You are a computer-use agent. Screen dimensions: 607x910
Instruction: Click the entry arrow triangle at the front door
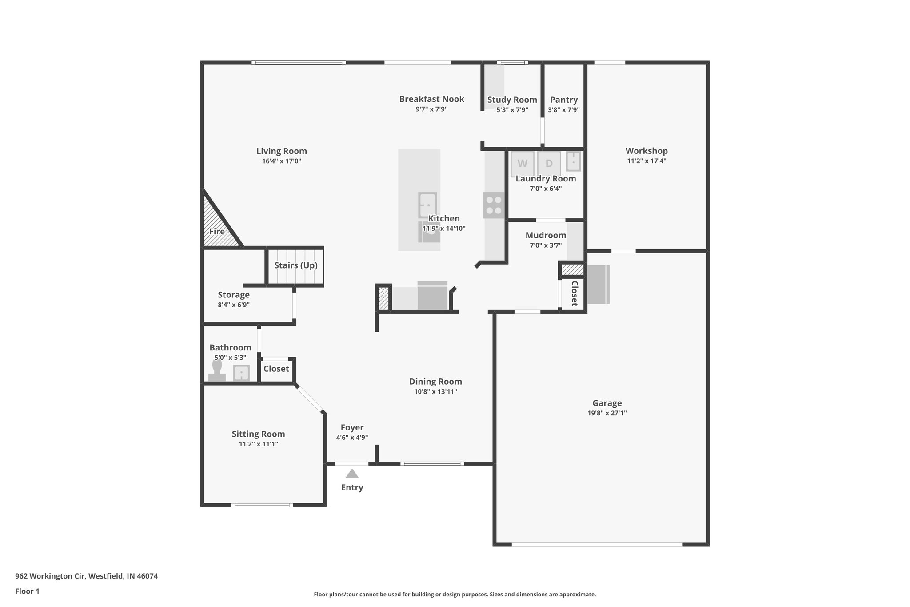pyautogui.click(x=352, y=474)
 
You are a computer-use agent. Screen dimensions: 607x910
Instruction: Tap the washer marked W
pyautogui.click(x=523, y=163)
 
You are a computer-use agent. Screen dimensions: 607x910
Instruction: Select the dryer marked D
pyautogui.click(x=549, y=163)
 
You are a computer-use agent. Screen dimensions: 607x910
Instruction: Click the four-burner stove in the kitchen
pyautogui.click(x=494, y=205)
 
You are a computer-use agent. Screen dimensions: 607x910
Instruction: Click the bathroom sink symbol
pyautogui.click(x=241, y=373)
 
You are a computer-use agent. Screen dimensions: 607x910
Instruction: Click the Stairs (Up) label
pyautogui.click(x=295, y=265)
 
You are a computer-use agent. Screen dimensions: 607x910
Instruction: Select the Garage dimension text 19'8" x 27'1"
pyautogui.click(x=607, y=413)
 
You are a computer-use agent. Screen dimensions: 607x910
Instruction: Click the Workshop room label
pyautogui.click(x=647, y=151)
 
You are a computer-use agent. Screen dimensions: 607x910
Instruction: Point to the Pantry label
pyautogui.click(x=563, y=100)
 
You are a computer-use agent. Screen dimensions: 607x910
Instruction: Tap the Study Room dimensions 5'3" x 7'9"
pyautogui.click(x=512, y=110)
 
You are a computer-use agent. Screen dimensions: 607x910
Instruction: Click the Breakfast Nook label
pyautogui.click(x=431, y=99)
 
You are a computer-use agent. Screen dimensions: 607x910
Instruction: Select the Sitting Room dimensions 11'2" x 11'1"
pyautogui.click(x=258, y=444)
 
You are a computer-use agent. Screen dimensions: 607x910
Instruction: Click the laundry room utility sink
pyautogui.click(x=574, y=161)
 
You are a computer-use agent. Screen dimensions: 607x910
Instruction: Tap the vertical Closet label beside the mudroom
pyautogui.click(x=574, y=293)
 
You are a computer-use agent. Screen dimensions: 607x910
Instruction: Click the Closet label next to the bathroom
pyautogui.click(x=276, y=369)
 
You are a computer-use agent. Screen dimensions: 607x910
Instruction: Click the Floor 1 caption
pyautogui.click(x=27, y=591)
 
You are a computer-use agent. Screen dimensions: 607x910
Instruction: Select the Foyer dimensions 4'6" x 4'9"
pyautogui.click(x=352, y=438)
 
